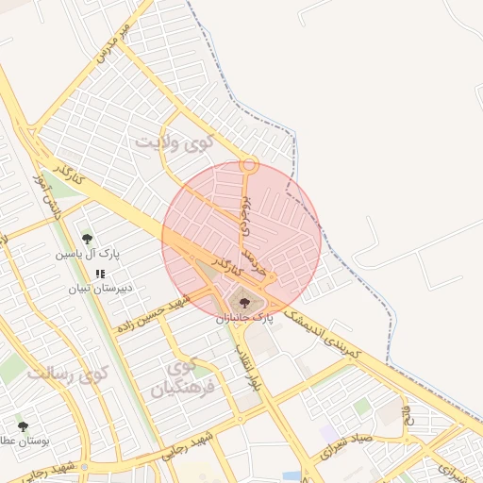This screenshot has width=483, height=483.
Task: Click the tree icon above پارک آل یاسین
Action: tap(88, 239)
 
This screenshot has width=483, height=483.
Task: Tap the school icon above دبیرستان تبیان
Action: tap(100, 273)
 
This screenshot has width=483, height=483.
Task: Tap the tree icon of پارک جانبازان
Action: tap(245, 303)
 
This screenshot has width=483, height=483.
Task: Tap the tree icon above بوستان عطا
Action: tap(23, 426)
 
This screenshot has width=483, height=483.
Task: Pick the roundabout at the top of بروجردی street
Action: tap(249, 164)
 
